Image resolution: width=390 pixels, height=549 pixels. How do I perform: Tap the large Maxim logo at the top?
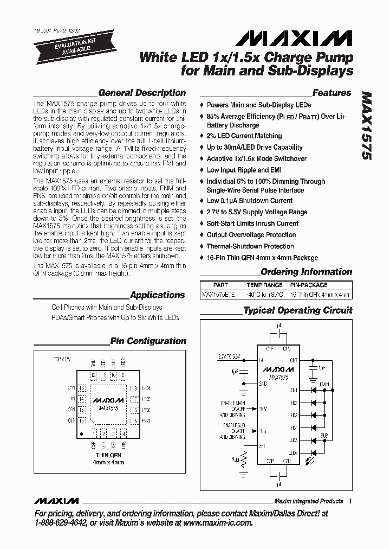(292, 38)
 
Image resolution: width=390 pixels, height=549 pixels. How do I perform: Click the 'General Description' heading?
(142, 93)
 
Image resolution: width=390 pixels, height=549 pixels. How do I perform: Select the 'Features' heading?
(331, 93)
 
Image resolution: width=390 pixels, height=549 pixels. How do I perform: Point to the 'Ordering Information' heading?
(306, 272)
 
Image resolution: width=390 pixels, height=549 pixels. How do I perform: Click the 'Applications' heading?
(158, 295)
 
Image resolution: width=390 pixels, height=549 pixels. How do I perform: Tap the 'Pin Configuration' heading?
(148, 341)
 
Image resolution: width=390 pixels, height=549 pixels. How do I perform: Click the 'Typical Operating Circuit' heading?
(297, 311)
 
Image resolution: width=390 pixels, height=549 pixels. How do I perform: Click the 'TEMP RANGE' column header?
(264, 285)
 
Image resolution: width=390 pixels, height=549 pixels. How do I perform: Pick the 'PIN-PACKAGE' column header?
(309, 285)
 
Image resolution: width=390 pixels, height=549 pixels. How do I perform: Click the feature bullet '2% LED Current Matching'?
(244, 136)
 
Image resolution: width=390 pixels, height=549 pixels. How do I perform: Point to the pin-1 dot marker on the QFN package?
(82, 433)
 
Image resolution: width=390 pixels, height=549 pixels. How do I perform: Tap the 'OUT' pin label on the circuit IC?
(293, 360)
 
